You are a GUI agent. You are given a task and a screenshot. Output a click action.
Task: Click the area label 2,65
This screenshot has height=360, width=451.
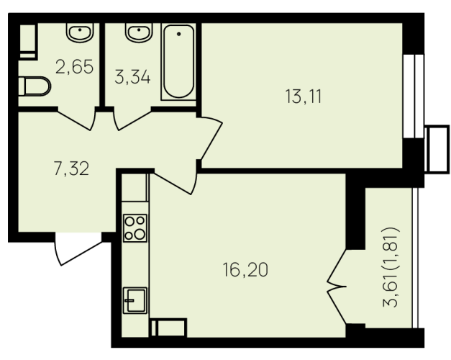75,66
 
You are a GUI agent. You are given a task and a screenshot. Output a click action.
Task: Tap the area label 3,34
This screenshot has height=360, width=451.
132,77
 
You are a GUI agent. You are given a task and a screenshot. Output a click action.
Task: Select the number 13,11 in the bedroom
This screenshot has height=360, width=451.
303,96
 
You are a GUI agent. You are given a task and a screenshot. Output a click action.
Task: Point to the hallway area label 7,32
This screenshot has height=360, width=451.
71,168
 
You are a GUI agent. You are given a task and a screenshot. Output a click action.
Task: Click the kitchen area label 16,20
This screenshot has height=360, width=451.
245,270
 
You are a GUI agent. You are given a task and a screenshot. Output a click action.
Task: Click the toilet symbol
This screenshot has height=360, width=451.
35,86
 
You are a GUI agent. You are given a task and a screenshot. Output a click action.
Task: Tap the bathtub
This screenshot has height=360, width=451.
178,62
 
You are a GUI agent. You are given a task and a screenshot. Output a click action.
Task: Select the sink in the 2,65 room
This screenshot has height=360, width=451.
80,32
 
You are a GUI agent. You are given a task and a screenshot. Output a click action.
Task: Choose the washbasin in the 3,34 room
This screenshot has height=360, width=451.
139,32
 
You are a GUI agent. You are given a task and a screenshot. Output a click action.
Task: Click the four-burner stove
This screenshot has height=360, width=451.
135,228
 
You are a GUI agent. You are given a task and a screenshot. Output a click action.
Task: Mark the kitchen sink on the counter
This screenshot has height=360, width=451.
135,300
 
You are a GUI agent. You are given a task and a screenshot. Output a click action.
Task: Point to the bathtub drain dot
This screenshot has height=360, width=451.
179,34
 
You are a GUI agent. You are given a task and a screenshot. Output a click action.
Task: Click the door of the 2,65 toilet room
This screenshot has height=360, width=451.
76,120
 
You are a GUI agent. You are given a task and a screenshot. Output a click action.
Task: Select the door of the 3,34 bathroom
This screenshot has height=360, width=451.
132,120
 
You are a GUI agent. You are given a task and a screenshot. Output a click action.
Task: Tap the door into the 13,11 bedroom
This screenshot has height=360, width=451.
211,138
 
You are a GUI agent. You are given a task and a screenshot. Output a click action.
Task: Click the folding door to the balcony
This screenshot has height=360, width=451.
337,287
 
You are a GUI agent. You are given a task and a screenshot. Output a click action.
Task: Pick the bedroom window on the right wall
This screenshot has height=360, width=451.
414,96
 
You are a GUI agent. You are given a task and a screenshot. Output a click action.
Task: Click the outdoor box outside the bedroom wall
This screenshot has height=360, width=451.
437,149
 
